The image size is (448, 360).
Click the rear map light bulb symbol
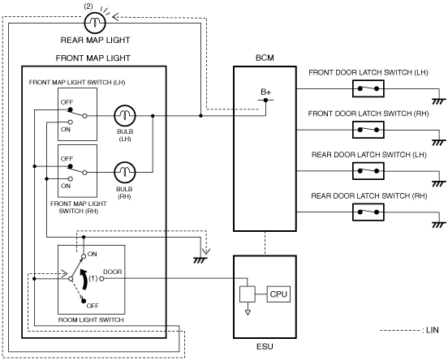[95, 23]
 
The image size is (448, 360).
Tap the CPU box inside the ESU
[278, 294]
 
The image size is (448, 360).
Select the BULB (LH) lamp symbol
[124, 116]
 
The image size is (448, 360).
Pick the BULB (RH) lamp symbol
[124, 173]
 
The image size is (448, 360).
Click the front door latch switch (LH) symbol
[368, 89]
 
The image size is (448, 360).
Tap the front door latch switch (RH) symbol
[368, 130]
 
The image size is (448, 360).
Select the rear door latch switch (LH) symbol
[368, 171]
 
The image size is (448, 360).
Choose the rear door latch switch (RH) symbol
[368, 212]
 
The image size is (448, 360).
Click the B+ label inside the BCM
[265, 92]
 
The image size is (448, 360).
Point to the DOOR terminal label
[112, 272]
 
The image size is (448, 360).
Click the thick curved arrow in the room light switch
[84, 279]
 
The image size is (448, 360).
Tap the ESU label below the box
[265, 346]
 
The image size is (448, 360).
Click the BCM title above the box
[265, 58]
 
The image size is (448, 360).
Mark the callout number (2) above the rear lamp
[88, 6]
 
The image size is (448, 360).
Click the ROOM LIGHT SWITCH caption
[91, 319]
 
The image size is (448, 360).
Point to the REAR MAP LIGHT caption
[96, 40]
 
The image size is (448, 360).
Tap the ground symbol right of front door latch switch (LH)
[439, 101]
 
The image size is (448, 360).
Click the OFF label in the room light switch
[93, 306]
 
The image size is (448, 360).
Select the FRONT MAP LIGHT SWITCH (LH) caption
[77, 83]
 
